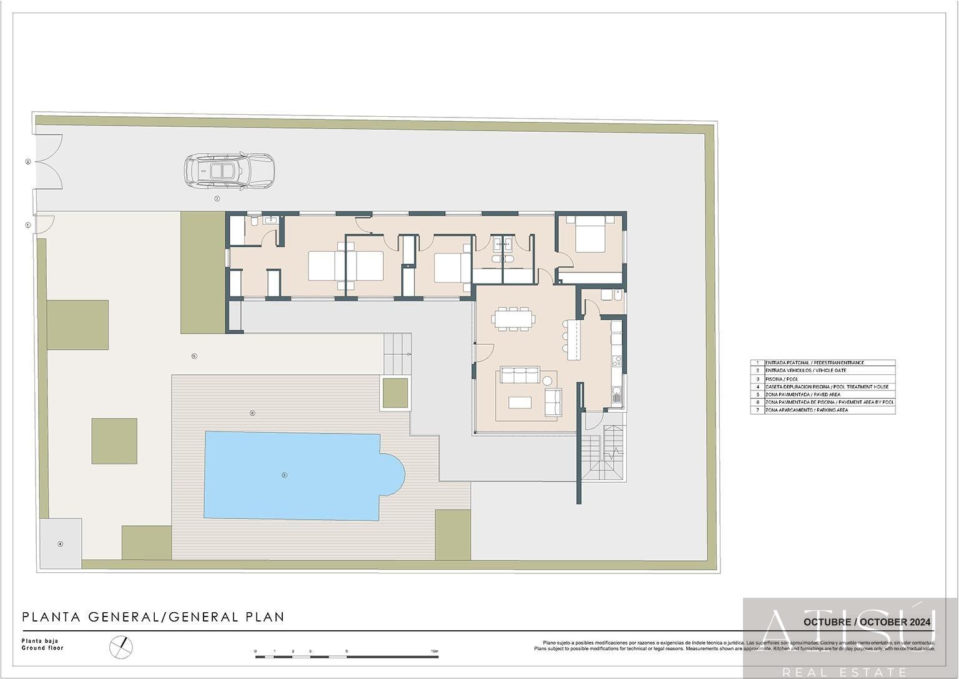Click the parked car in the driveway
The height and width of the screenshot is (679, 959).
tap(229, 171)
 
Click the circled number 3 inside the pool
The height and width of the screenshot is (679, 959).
tap(284, 475)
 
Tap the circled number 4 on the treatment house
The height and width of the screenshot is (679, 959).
tap(61, 544)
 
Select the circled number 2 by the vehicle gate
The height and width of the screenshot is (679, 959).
tap(27, 162)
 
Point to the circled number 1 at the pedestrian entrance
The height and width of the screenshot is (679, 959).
tap(27, 225)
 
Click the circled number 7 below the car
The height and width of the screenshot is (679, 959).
tap(217, 199)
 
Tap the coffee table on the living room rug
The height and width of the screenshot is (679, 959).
tap(519, 402)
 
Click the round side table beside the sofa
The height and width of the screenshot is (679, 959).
tap(548, 380)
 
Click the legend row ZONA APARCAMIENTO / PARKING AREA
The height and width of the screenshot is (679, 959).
tap(806, 410)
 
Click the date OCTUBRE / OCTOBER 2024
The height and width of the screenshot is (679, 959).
tap(867, 622)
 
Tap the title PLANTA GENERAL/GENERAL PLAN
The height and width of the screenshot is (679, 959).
tap(153, 617)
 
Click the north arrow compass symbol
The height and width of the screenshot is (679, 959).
tap(121, 646)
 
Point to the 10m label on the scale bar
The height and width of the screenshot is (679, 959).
tap(435, 652)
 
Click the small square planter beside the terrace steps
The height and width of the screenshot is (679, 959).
tap(395, 393)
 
